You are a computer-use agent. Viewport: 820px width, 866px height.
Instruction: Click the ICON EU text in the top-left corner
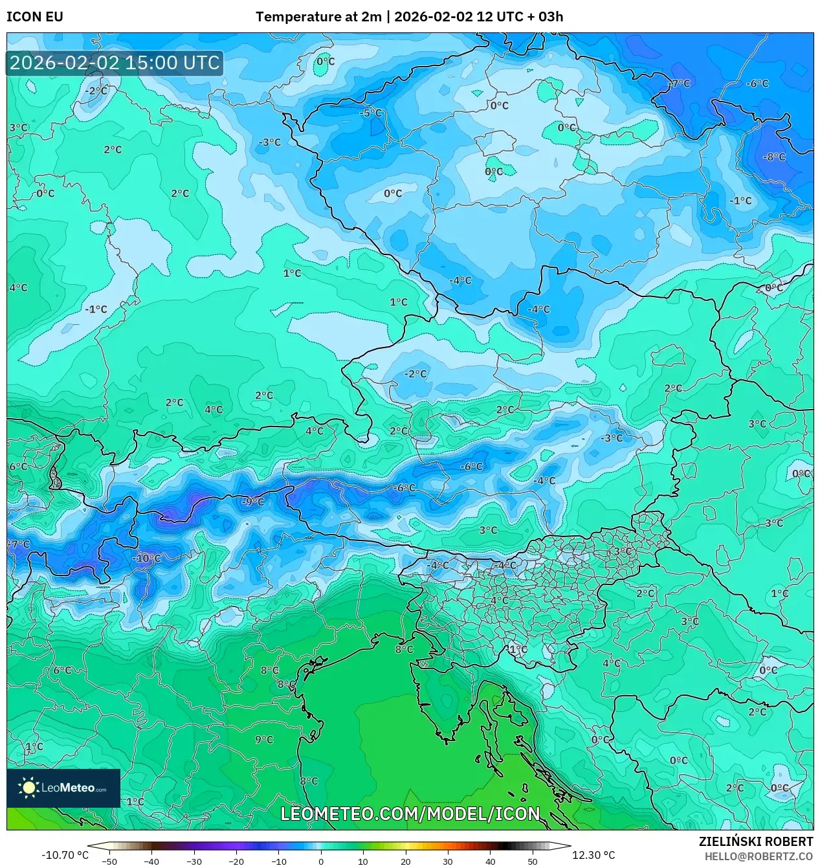click(x=35, y=17)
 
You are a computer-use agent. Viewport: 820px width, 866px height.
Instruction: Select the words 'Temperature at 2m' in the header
click(x=318, y=17)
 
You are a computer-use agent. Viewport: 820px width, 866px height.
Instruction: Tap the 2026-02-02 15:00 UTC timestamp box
click(x=115, y=63)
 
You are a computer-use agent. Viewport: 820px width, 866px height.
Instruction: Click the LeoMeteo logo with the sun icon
click(x=63, y=788)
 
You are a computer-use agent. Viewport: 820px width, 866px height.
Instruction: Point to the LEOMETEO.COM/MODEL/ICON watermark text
click(x=410, y=814)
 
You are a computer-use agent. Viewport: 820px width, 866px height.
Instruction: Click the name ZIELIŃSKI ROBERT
click(x=755, y=841)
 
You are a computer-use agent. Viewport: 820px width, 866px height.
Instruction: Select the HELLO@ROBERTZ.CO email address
click(x=759, y=856)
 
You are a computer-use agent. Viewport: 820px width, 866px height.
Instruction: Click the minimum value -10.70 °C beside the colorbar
click(x=65, y=855)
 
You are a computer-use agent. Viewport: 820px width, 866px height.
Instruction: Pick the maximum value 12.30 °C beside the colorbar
click(x=593, y=855)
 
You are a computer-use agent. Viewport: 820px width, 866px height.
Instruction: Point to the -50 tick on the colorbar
click(x=109, y=861)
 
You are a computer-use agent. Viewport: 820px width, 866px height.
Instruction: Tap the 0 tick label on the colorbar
click(x=321, y=861)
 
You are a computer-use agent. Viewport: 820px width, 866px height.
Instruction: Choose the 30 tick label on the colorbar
click(x=448, y=861)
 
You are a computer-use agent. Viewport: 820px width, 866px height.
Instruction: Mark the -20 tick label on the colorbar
click(x=236, y=861)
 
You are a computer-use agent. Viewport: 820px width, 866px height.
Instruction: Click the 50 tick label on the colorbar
click(x=532, y=861)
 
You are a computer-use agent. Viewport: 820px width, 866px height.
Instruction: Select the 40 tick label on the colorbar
click(x=490, y=861)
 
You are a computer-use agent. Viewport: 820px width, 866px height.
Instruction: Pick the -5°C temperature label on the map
click(x=371, y=113)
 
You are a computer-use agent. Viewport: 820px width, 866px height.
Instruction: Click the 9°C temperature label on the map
click(x=264, y=740)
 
